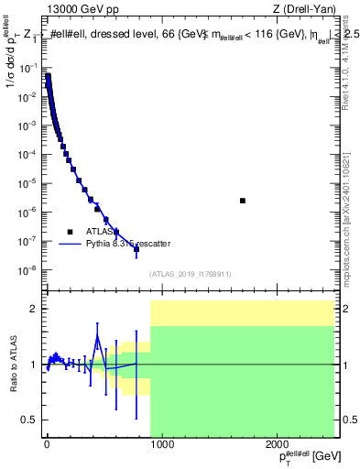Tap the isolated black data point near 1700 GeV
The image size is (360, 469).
(243, 201)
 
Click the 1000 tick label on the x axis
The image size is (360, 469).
(162, 445)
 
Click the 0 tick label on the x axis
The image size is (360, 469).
(46, 445)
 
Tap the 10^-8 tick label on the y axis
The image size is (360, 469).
(28, 270)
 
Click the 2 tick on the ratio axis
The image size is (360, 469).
(35, 309)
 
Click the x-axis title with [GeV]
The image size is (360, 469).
(301, 457)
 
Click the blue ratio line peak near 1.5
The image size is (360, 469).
(97, 336)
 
